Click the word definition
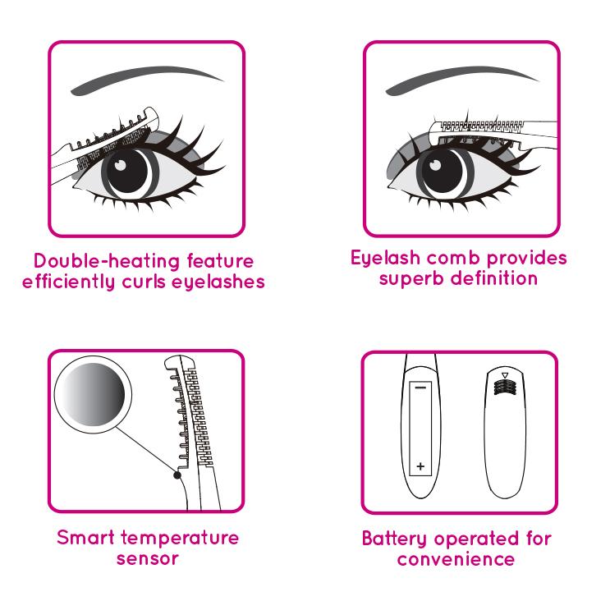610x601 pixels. click(497, 279)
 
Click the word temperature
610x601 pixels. click(184, 539)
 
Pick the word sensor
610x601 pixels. click(147, 559)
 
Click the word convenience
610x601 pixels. click(456, 559)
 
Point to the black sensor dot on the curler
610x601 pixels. click(177, 473)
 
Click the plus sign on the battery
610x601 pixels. click(421, 466)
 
